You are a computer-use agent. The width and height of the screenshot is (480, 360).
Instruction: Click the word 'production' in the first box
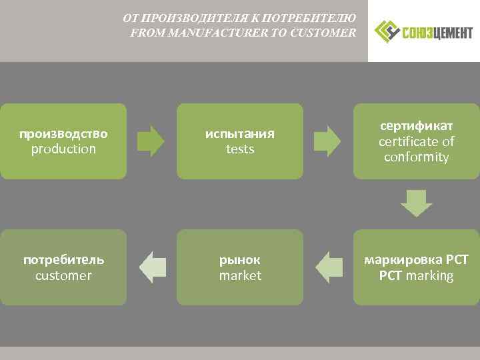point(63,149)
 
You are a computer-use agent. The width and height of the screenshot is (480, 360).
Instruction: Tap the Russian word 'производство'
point(63,133)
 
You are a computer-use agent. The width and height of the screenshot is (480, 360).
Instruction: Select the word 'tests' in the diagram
point(240,149)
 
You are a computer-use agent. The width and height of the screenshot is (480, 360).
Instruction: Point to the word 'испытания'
point(240,133)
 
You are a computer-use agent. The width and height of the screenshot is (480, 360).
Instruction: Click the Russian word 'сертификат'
point(417,125)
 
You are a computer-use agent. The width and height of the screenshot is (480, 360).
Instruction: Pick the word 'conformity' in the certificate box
point(417,157)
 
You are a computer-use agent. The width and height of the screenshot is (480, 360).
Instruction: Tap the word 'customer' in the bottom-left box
point(63,275)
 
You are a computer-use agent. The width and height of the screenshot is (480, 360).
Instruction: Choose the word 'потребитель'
point(63,259)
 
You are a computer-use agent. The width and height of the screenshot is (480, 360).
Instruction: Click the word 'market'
point(240,275)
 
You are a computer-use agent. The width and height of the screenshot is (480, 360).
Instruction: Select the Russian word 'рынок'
point(240,259)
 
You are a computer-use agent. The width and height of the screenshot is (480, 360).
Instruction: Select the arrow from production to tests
point(151,140)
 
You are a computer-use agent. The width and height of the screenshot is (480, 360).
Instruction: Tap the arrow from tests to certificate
point(327,140)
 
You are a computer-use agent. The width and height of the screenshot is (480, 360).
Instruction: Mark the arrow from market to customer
point(152,267)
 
